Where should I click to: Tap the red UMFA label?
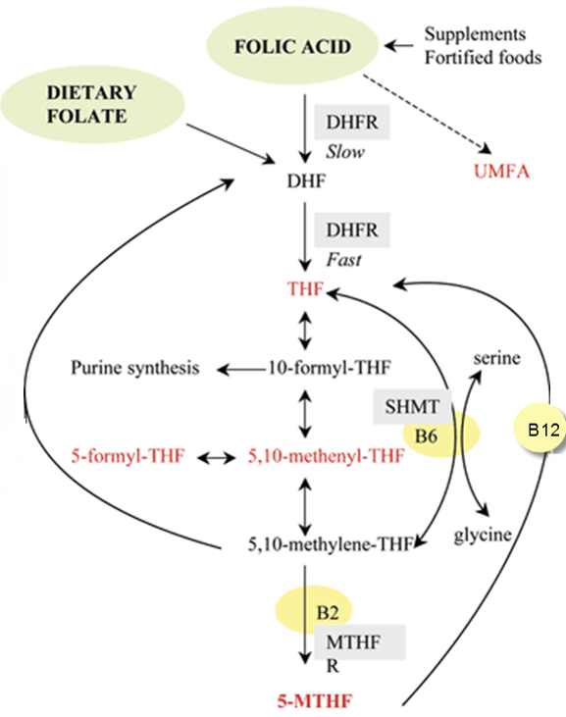pyautogui.click(x=504, y=173)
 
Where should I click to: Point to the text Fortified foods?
pyautogui.click(x=483, y=57)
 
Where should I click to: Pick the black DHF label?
pyautogui.click(x=305, y=182)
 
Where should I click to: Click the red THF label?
pyautogui.click(x=305, y=290)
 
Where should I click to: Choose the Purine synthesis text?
pyautogui.click(x=135, y=369)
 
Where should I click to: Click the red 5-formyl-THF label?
pyautogui.click(x=129, y=456)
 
